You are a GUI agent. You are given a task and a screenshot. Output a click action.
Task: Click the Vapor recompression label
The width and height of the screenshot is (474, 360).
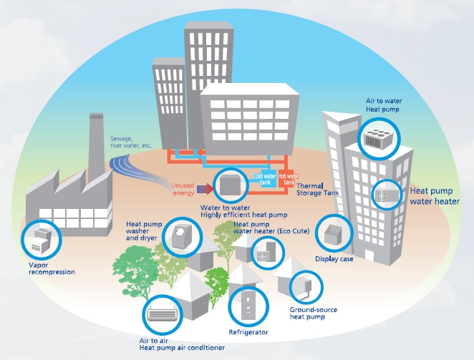click(51, 268)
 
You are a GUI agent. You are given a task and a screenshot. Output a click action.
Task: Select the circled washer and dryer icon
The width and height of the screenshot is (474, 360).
click(183, 235)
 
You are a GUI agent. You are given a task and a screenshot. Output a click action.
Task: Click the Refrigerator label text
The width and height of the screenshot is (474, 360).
click(248, 333)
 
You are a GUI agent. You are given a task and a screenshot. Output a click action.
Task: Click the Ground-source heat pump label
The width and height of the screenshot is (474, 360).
click(313, 314)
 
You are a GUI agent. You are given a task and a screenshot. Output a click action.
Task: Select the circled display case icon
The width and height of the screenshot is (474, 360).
click(334, 234)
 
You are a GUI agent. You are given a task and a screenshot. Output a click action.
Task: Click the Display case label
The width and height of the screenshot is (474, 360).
click(334, 259)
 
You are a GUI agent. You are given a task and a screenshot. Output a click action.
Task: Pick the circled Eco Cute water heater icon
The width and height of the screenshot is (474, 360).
click(266, 253)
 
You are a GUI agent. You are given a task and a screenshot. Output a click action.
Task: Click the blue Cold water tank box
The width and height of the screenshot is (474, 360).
click(263, 177)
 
